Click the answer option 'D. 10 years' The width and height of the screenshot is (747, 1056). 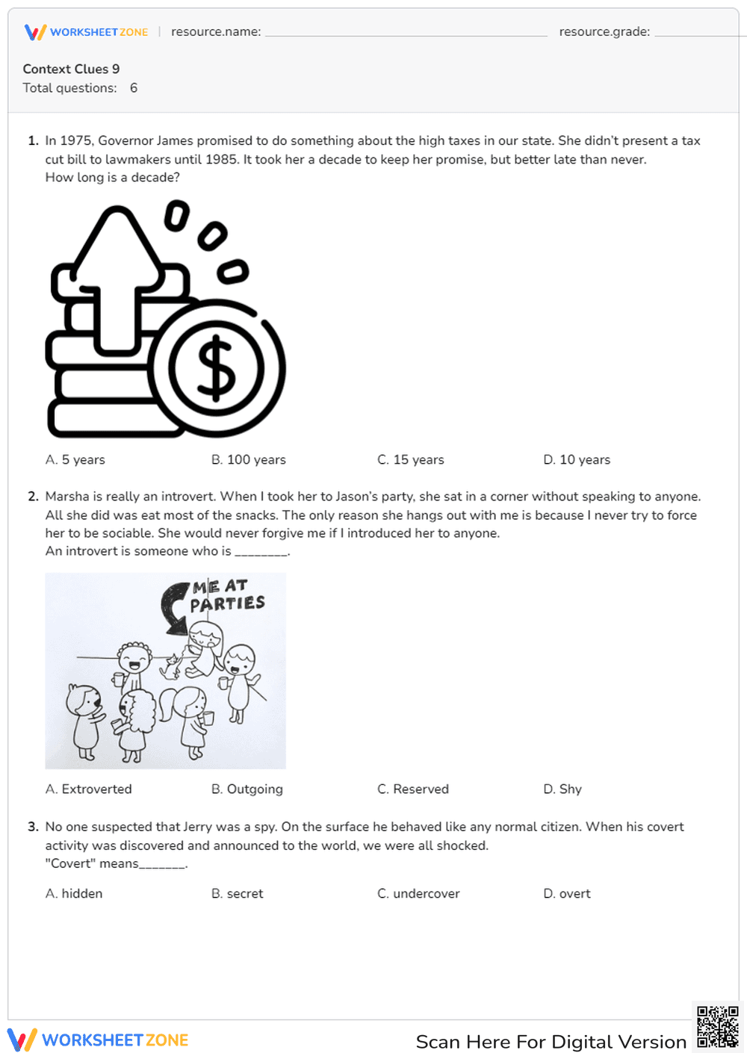tap(576, 460)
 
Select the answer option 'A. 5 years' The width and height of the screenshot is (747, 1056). tap(75, 460)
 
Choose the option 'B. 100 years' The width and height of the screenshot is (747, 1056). tap(248, 460)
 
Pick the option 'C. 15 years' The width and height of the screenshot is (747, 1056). tap(410, 460)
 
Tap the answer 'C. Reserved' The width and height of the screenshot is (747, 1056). tap(412, 789)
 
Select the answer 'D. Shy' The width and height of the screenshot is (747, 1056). tap(562, 789)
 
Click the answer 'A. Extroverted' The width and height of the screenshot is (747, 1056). tap(88, 789)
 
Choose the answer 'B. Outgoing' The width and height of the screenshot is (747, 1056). tap(247, 789)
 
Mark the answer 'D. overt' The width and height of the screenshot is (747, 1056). tap(566, 894)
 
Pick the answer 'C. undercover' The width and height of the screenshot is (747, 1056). tap(418, 894)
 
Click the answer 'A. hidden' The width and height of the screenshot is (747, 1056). tap(74, 894)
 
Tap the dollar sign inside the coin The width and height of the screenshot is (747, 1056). tap(216, 368)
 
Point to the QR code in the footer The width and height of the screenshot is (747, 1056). tap(717, 1027)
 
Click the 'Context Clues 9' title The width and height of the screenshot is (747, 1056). tap(71, 69)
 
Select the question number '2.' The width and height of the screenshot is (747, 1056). tap(33, 497)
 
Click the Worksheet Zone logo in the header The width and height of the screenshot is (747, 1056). tap(86, 32)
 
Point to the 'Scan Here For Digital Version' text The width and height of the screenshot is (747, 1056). tap(551, 1042)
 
